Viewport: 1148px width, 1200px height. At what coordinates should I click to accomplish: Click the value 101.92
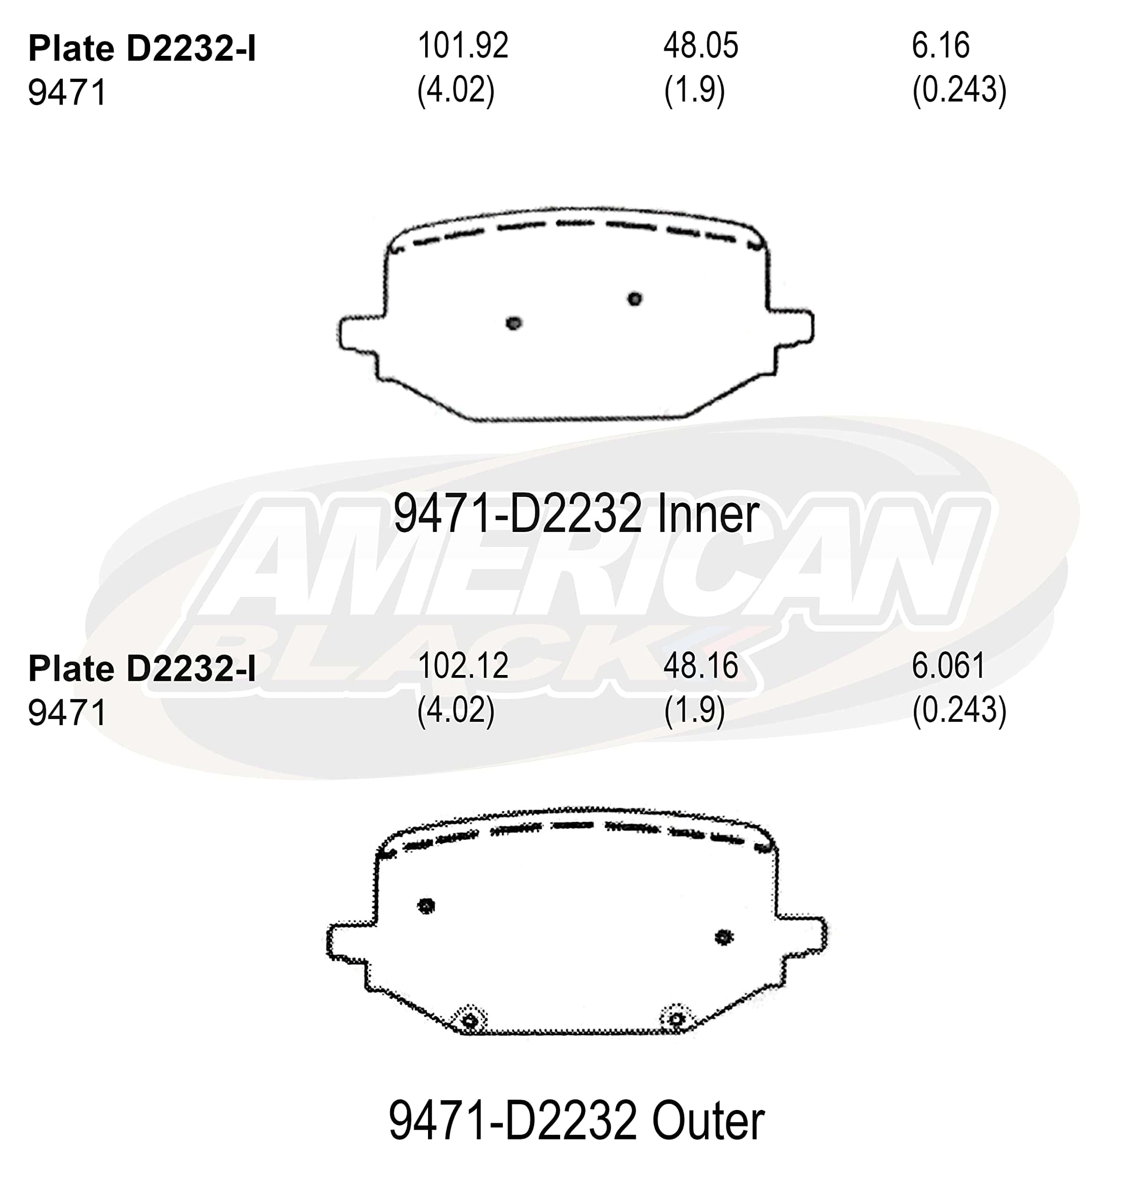[463, 46]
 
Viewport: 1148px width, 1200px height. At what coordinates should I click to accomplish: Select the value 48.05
[701, 46]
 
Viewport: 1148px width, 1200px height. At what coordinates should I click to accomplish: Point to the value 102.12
[463, 665]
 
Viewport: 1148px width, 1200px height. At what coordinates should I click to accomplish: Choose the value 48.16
[701, 665]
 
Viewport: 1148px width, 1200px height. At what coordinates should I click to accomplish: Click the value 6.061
[948, 665]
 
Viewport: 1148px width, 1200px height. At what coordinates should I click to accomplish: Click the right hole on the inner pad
[635, 299]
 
